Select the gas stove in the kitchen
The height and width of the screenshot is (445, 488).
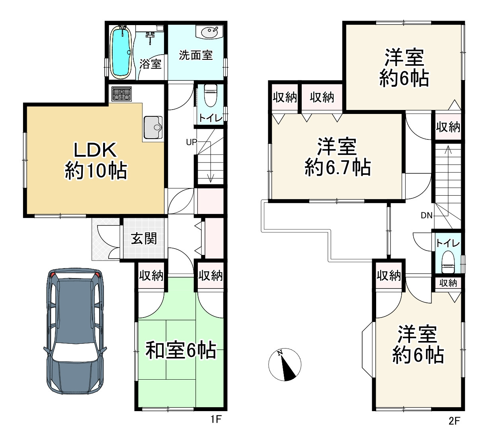[x=121, y=94]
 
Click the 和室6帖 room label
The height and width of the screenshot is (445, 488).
[x=180, y=351]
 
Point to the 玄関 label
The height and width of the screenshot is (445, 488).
[x=144, y=238]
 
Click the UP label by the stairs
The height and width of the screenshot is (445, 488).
[x=191, y=142]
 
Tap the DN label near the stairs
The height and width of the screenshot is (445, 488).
[x=426, y=216]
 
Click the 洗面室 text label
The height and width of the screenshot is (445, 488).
[x=195, y=55]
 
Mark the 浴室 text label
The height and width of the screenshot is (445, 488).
[x=150, y=64]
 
